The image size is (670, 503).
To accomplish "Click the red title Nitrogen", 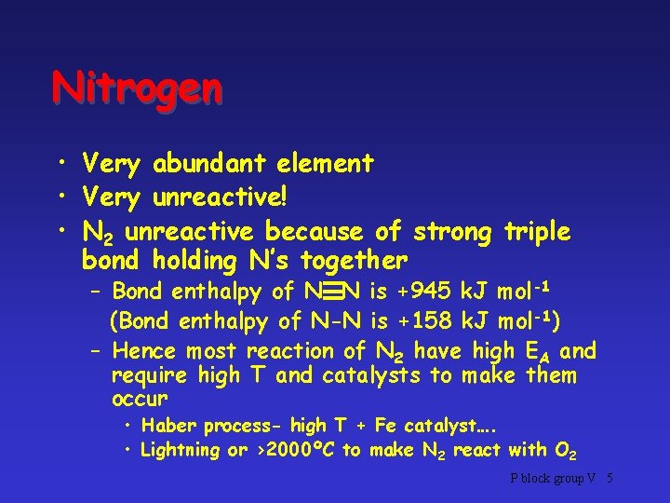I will coord(138,89).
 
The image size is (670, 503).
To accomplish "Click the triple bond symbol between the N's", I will coord(319,292).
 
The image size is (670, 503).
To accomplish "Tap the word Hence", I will coord(144,351).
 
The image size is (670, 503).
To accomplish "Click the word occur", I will coord(139,399).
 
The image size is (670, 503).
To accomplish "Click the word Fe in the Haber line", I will coord(384,426).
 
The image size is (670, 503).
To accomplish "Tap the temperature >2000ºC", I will coord(295,451).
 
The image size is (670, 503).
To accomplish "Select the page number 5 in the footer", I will coord(609,479).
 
